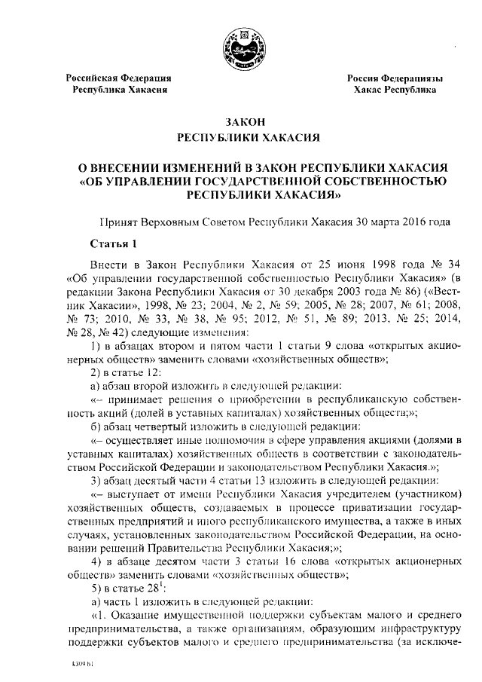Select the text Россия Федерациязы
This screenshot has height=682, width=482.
click(395, 78)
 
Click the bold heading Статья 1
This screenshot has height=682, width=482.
click(114, 243)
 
